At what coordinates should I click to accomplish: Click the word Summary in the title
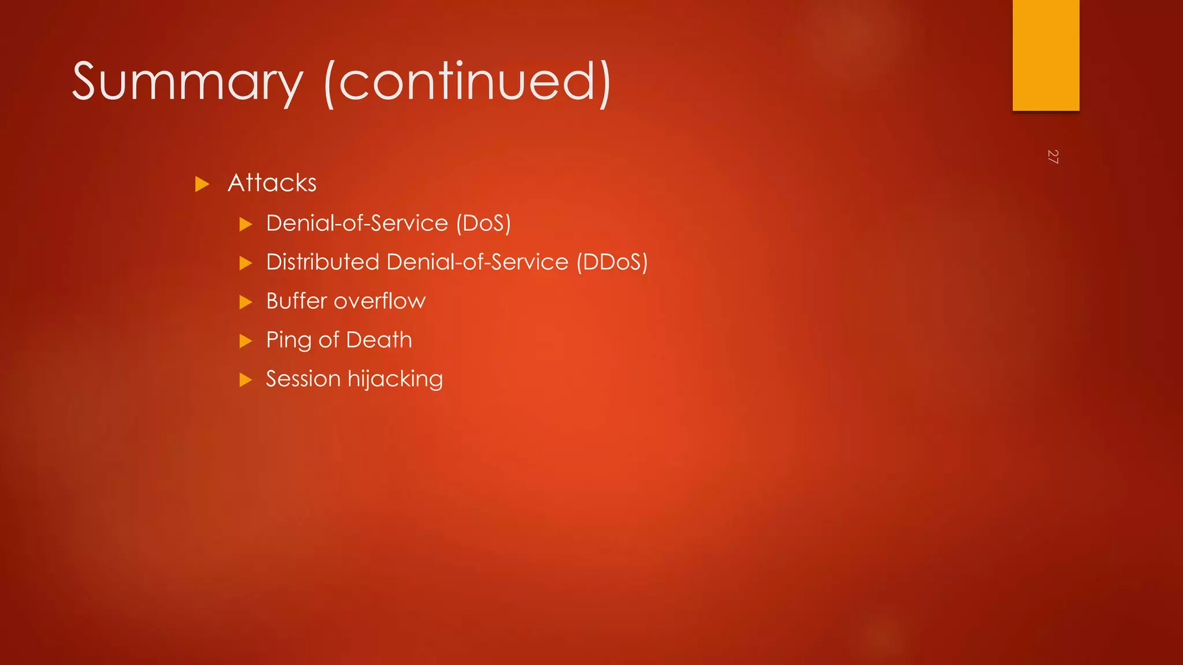pyautogui.click(x=187, y=82)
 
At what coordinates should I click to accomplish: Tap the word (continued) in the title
pyautogui.click(x=468, y=82)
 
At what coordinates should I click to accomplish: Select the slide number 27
pyautogui.click(x=1052, y=156)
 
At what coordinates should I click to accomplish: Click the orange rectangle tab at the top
pyautogui.click(x=1046, y=55)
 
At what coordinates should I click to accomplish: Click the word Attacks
pyautogui.click(x=272, y=183)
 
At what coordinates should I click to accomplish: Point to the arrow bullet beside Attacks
pyautogui.click(x=202, y=184)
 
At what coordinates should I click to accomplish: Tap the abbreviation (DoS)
pyautogui.click(x=483, y=223)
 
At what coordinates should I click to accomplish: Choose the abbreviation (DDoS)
pyautogui.click(x=612, y=262)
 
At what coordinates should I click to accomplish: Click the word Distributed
pyautogui.click(x=322, y=262)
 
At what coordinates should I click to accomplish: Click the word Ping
pyautogui.click(x=289, y=341)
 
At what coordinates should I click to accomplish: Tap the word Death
pyautogui.click(x=379, y=339)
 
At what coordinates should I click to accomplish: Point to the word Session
pyautogui.click(x=303, y=379)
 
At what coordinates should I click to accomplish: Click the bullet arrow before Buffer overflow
pyautogui.click(x=246, y=302)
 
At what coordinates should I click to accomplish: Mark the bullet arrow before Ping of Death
pyautogui.click(x=246, y=341)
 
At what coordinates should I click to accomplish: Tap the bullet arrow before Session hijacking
pyautogui.click(x=246, y=380)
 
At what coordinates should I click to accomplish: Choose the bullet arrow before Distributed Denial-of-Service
pyautogui.click(x=246, y=263)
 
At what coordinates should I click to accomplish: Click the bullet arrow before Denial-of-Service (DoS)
pyautogui.click(x=246, y=224)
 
